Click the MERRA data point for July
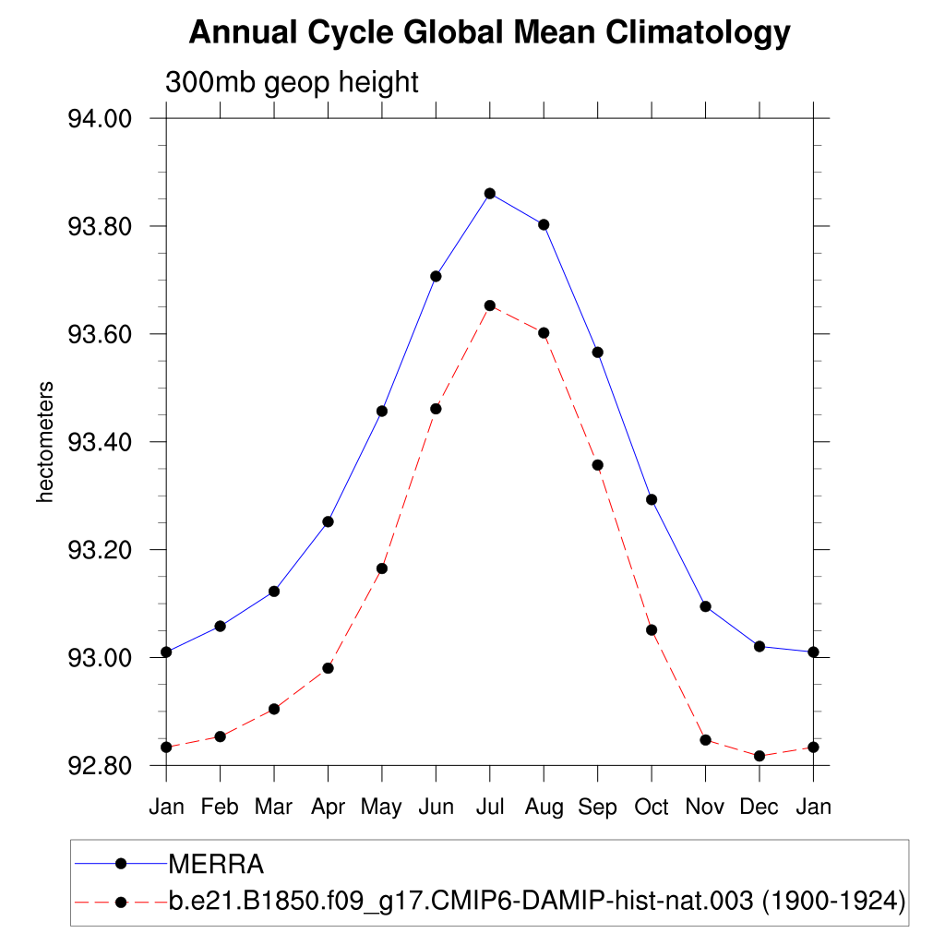[490, 193]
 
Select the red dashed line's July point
[490, 305]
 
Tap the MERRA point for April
[328, 521]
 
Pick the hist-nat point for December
[760, 756]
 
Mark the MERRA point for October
[652, 499]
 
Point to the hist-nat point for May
[382, 568]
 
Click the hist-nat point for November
[706, 740]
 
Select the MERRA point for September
[598, 353]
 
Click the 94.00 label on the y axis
[101, 119]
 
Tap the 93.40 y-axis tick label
[101, 442]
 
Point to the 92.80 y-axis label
[101, 766]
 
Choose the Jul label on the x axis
[490, 807]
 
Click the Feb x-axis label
[220, 807]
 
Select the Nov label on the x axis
[706, 807]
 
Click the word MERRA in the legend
[216, 865]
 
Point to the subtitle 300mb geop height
[292, 82]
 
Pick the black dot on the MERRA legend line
[120, 864]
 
